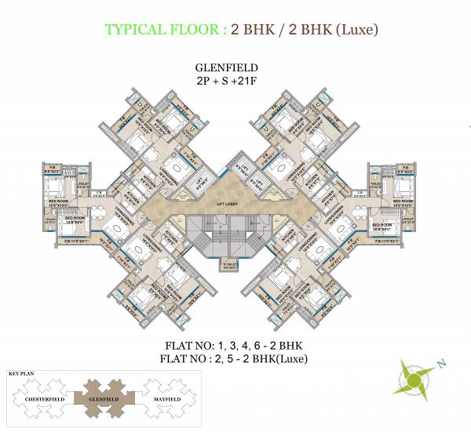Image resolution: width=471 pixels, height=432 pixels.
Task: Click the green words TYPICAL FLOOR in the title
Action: [x=162, y=31]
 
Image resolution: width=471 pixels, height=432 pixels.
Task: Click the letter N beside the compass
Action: [x=442, y=363]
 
